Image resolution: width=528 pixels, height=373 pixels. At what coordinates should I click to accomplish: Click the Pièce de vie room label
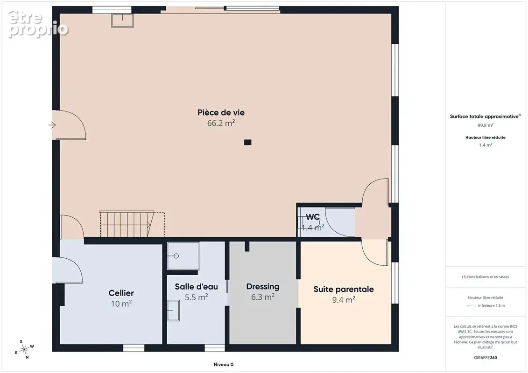tap(221, 112)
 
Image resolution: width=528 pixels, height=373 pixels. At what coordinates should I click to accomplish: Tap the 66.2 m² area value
tap(221, 123)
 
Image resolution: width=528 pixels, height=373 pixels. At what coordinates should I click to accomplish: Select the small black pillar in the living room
tap(248, 142)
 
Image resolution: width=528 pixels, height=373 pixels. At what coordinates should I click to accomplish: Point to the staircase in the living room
tap(132, 224)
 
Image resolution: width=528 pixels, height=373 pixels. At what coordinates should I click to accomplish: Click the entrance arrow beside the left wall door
tap(52, 125)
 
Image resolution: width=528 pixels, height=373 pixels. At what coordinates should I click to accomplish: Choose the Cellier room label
tap(121, 293)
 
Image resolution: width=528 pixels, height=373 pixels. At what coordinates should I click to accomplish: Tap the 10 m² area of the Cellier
tap(121, 304)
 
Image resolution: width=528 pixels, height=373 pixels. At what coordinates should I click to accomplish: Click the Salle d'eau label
tap(197, 287)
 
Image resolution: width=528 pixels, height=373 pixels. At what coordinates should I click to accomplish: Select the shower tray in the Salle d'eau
tap(183, 256)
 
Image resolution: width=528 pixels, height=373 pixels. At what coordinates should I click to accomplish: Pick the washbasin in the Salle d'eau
tap(173, 310)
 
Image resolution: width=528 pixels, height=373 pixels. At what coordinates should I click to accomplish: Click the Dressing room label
tap(263, 287)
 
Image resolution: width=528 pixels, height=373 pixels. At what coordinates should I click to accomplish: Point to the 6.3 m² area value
tap(263, 297)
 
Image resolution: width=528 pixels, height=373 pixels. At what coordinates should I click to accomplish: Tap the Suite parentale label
tap(344, 289)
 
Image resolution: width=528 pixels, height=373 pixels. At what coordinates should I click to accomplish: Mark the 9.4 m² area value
tap(344, 300)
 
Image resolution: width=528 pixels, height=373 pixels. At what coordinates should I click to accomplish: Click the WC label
tap(312, 217)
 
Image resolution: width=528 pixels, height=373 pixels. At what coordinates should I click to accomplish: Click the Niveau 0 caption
tap(224, 365)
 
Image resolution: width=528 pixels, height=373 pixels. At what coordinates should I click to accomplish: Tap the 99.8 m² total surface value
tap(485, 125)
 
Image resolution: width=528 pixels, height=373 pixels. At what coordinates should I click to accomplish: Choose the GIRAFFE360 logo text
tap(485, 358)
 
